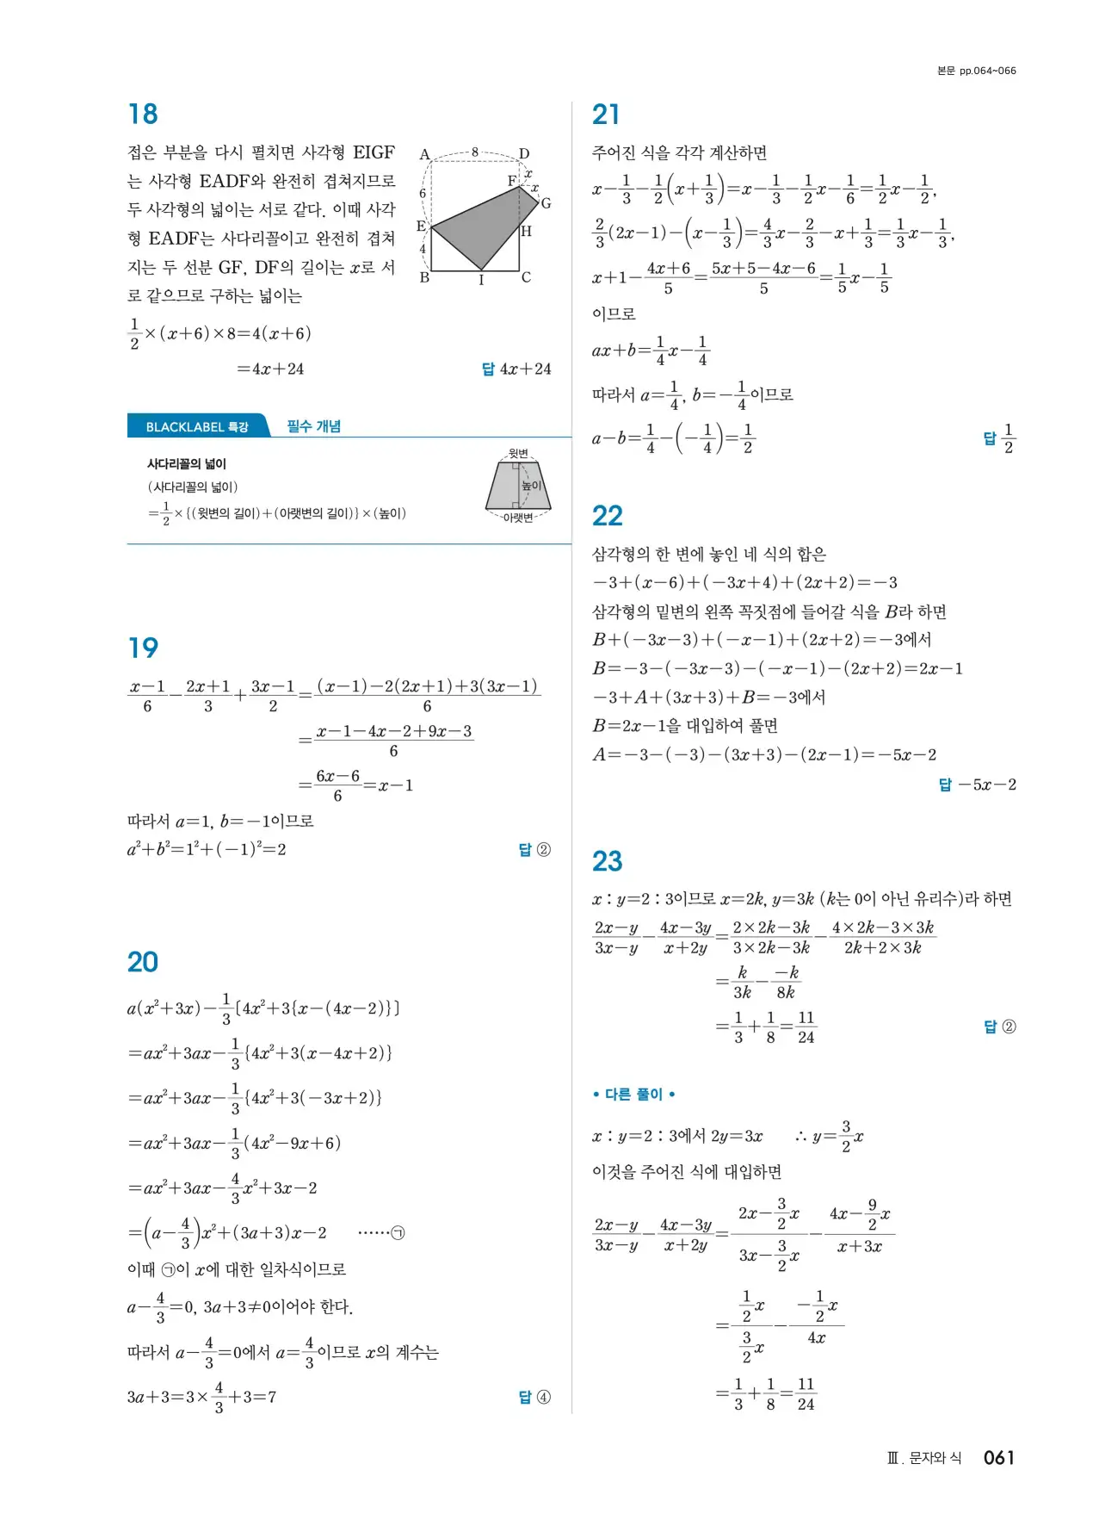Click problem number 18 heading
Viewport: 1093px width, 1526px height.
(143, 115)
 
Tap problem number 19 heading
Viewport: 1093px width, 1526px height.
(143, 648)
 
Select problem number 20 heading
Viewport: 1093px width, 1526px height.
(143, 962)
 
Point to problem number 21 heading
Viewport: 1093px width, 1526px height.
(606, 115)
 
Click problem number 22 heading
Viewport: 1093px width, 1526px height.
(607, 516)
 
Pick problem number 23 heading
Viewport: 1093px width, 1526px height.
(607, 861)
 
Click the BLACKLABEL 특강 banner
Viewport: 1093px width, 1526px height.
(197, 426)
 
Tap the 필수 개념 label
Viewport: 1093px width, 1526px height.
(313, 426)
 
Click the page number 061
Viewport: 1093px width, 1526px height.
(998, 1457)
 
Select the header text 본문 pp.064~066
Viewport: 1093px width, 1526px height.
(976, 71)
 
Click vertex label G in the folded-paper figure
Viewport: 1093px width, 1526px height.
(546, 203)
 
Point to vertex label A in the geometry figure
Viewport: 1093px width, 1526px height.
(424, 155)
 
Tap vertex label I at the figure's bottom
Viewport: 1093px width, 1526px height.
(481, 280)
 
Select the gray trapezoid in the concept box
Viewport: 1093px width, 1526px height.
(516, 487)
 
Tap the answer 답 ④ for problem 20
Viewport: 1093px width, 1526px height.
(534, 1397)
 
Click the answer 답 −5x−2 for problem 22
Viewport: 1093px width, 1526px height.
(977, 785)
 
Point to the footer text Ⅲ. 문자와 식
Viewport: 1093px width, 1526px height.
(923, 1458)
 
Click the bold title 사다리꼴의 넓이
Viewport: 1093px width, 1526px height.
(187, 464)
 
